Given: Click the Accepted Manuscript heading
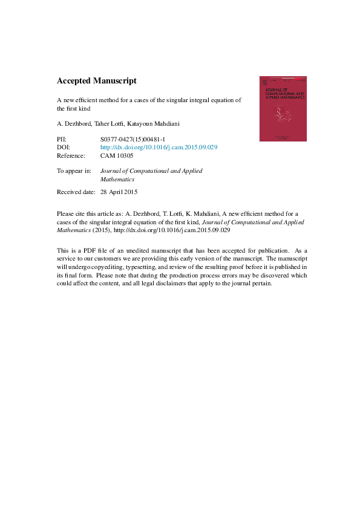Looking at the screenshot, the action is tap(97, 80).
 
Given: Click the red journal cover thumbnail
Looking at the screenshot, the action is tap(283, 109).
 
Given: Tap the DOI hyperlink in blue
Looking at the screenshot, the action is tap(159, 148).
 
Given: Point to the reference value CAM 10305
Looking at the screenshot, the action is tap(117, 156).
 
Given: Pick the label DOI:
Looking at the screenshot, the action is tap(64, 148).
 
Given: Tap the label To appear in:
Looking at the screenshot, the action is tap(74, 171).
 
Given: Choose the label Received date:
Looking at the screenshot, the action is tap(76, 192).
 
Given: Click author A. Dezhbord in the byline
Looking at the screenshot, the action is tap(73, 124).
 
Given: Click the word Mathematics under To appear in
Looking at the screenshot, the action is tap(117, 179).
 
